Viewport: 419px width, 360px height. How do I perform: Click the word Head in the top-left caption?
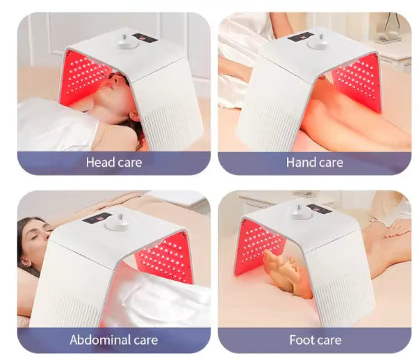click(99, 163)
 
